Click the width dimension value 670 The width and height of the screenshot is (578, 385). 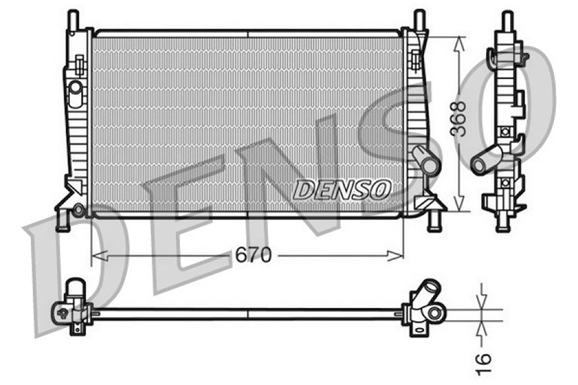(x=253, y=255)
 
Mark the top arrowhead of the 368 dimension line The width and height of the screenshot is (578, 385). (x=459, y=44)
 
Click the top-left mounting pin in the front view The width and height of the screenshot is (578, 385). (x=73, y=19)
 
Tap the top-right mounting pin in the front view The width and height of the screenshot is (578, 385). (x=420, y=19)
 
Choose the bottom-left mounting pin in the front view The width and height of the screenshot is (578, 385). (x=62, y=221)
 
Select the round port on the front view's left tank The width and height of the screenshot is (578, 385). (x=76, y=88)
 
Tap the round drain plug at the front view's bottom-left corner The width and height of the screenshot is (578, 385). (x=78, y=210)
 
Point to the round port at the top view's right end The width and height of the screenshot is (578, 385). (x=434, y=312)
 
